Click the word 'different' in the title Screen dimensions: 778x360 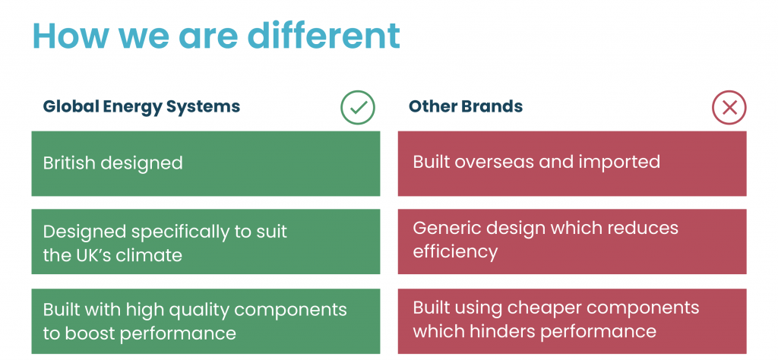coord(324,35)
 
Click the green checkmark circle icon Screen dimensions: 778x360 coord(357,107)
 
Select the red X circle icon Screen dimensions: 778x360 coord(729,107)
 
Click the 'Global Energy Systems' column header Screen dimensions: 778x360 coord(141,106)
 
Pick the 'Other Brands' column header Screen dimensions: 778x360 coord(466,106)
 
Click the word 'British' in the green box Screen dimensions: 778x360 coord(71,163)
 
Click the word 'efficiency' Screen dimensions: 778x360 coord(455,251)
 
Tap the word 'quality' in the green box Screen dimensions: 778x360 coord(198,310)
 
